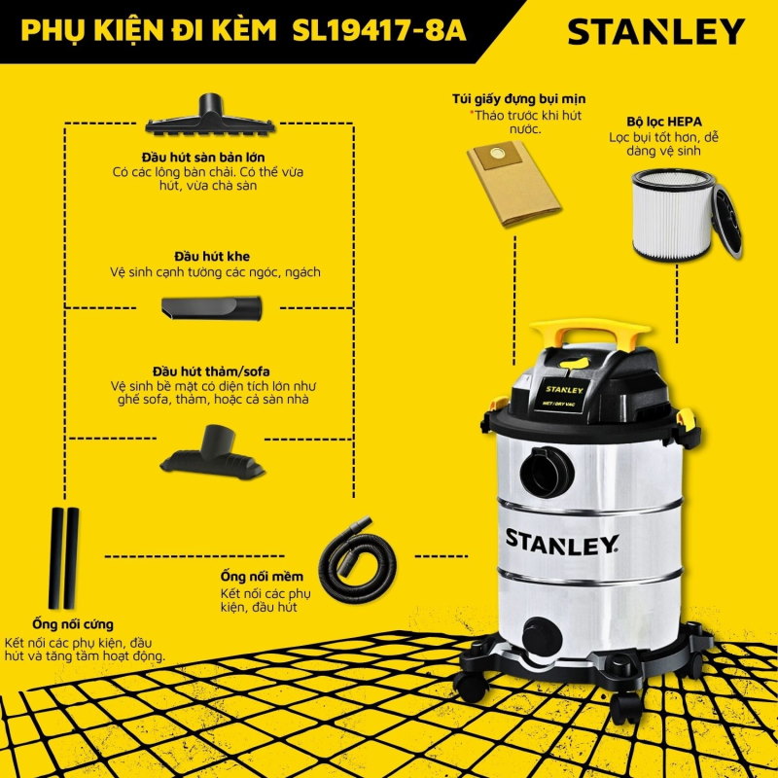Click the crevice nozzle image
pos(212,307)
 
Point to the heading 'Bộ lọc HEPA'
pos(664,124)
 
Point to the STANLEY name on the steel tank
pos(560,540)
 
